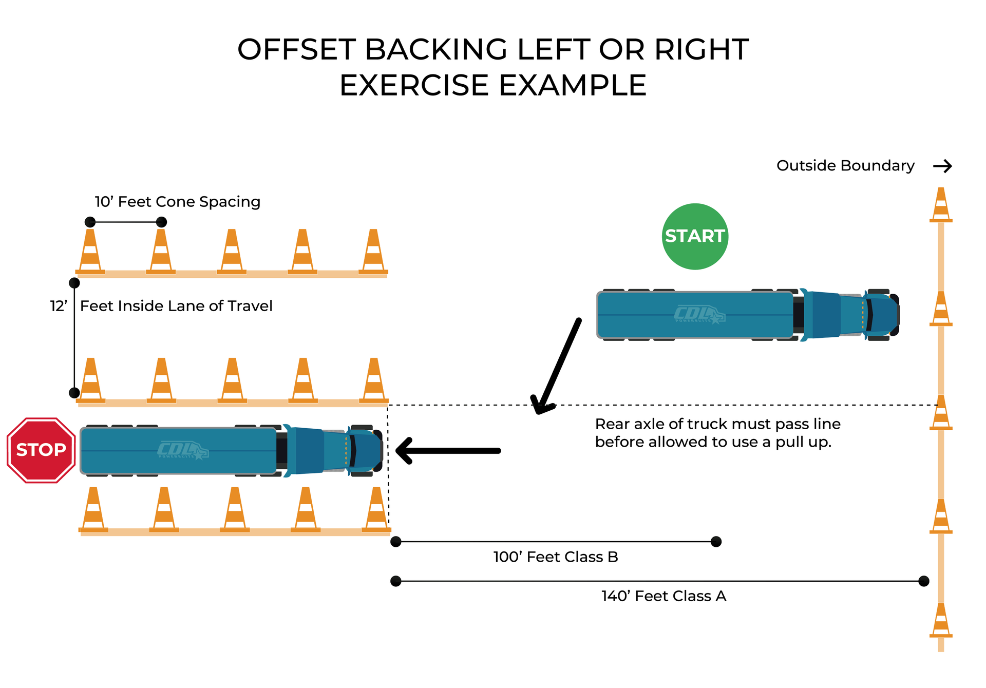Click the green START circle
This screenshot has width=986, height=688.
click(x=695, y=237)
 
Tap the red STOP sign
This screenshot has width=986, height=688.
click(x=41, y=450)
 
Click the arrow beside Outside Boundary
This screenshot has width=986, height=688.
click(x=942, y=166)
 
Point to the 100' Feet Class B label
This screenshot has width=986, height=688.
click(x=556, y=557)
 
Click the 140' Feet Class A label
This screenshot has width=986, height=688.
click(x=663, y=596)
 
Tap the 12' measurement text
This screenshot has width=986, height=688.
click(x=59, y=307)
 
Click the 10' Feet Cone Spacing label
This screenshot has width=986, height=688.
click(x=177, y=202)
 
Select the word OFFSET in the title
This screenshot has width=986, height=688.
click(x=296, y=50)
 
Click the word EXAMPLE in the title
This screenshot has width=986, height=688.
click(x=573, y=85)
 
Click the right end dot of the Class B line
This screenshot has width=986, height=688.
click(x=716, y=542)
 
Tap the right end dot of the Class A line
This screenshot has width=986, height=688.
click(x=923, y=581)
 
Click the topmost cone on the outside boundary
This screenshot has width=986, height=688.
click(x=941, y=205)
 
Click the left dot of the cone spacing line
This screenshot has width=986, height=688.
click(x=90, y=222)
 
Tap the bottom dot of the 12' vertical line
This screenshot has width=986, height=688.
click(x=74, y=393)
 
